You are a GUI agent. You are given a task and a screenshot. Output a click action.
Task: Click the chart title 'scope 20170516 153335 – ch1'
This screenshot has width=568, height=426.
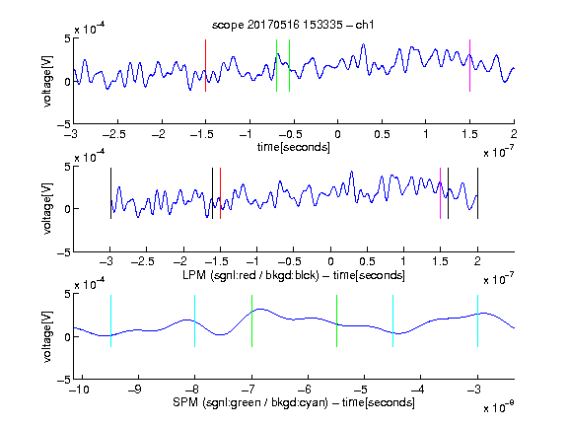293,25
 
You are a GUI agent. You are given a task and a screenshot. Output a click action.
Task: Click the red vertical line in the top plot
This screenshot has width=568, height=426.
205,65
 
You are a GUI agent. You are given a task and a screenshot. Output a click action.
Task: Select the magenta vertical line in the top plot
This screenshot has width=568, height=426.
469,65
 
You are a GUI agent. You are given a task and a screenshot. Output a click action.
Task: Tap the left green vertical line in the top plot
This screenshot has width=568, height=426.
276,65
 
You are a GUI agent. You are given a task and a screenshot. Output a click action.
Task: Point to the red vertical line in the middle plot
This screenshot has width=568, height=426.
220,193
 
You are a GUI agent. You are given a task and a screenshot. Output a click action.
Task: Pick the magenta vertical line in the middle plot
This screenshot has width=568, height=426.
440,193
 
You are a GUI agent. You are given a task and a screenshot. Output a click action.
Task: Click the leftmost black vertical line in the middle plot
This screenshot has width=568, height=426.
110,193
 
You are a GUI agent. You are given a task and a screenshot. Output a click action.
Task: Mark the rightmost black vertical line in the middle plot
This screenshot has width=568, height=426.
477,193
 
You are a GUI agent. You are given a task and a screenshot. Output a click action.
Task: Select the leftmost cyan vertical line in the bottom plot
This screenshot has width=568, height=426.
110,321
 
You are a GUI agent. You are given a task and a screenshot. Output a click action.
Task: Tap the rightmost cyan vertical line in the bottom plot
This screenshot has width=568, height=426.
477,321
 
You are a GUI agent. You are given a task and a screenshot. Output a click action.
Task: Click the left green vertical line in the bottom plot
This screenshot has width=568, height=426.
251,321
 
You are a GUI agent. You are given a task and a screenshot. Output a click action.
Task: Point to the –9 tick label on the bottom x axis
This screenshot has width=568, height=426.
135,390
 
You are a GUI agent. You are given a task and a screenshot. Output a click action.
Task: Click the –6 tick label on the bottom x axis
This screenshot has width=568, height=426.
305,390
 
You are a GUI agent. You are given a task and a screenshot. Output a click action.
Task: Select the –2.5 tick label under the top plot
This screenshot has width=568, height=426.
114,134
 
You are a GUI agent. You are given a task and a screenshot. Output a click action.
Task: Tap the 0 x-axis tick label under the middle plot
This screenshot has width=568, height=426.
330,261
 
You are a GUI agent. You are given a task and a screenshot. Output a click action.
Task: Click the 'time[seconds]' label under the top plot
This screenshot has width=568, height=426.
294,147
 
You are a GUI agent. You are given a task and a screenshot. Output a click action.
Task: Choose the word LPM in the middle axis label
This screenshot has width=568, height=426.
194,275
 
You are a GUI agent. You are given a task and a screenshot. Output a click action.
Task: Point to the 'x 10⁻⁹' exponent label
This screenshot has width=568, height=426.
499,407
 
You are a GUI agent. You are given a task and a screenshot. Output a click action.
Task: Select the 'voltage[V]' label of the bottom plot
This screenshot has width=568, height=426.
47,336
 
